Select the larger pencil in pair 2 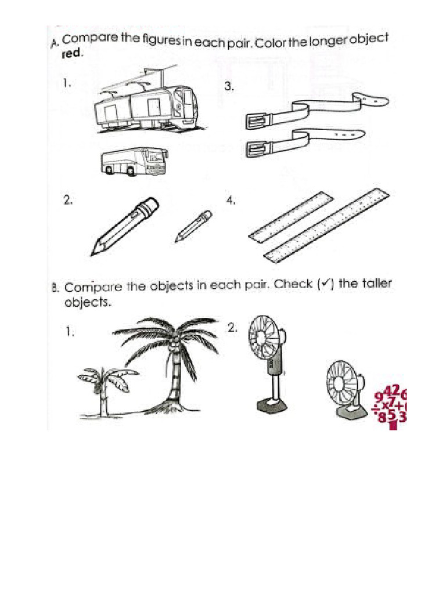pos(124,226)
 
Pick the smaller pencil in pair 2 pos(193,226)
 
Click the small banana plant pos(105,386)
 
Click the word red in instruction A pos(72,54)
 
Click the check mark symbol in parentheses pos(328,284)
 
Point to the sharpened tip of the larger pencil pos(94,252)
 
